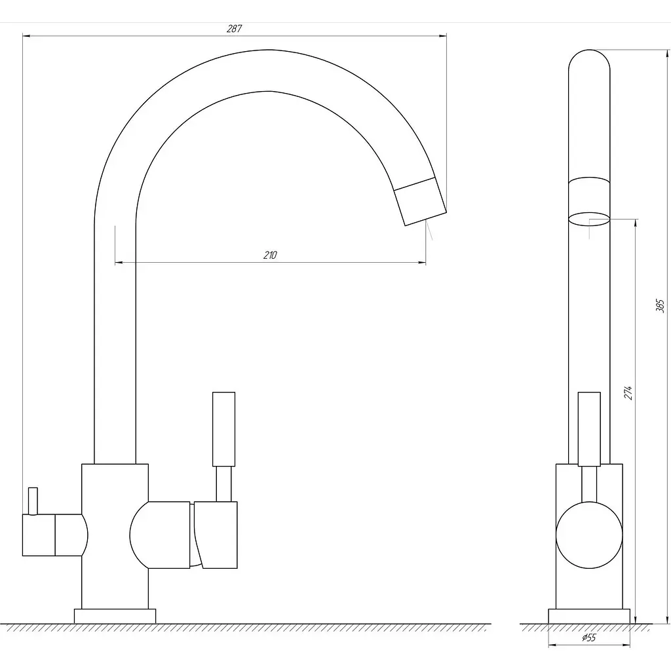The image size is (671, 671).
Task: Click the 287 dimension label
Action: [x=234, y=29]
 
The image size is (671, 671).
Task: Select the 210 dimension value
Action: [x=270, y=255]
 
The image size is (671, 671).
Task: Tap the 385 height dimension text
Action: [x=660, y=306]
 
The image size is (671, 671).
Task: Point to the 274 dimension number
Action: [x=627, y=393]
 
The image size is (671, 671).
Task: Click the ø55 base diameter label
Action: [x=589, y=638]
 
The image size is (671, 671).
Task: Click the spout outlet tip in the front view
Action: [x=426, y=218]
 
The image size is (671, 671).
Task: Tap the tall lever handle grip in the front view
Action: [x=224, y=429]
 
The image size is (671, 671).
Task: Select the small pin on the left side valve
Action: [x=33, y=501]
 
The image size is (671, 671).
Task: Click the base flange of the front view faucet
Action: [x=115, y=616]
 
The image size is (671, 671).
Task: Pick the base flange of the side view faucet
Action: [x=589, y=616]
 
